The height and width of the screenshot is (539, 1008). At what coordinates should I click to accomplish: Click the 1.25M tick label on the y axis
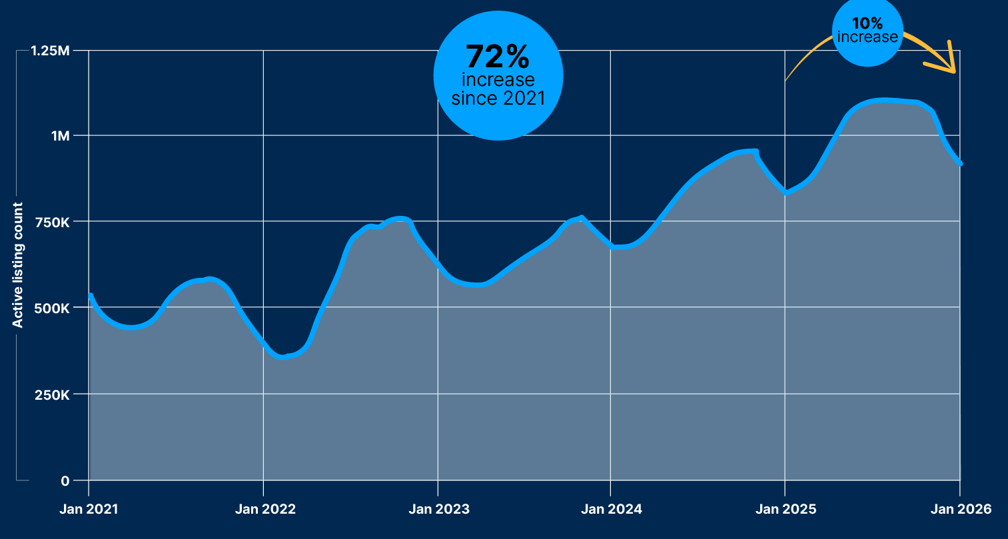pyautogui.click(x=50, y=51)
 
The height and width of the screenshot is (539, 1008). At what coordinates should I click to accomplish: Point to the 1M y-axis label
pyautogui.click(x=60, y=136)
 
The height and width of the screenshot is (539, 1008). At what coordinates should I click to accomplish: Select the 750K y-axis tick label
pyautogui.click(x=53, y=221)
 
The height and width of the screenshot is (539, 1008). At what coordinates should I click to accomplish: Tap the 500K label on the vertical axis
pyautogui.click(x=53, y=308)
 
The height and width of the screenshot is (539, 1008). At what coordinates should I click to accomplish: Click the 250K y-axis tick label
pyautogui.click(x=53, y=394)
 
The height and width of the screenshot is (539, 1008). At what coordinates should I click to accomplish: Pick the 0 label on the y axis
pyautogui.click(x=65, y=481)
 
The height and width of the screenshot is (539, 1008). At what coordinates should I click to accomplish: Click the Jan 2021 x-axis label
pyautogui.click(x=89, y=510)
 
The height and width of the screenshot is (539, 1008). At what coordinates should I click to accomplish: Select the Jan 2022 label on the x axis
pyautogui.click(x=265, y=510)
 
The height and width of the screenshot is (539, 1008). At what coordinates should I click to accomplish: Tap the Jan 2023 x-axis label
pyautogui.click(x=438, y=510)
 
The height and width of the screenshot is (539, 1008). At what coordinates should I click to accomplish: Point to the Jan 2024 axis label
pyautogui.click(x=611, y=510)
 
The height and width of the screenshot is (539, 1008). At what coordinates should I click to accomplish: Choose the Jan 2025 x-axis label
pyautogui.click(x=785, y=510)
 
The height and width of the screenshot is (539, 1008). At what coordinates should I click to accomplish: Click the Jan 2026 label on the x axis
pyautogui.click(x=961, y=510)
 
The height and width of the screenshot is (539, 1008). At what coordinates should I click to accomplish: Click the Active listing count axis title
pyautogui.click(x=18, y=265)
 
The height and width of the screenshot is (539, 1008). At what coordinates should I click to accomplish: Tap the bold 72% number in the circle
pyautogui.click(x=497, y=57)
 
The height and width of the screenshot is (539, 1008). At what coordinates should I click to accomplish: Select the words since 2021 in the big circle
pyautogui.click(x=498, y=99)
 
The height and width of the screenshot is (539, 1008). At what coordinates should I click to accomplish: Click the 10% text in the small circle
pyautogui.click(x=867, y=24)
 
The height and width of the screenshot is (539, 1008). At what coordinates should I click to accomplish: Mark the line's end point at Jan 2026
pyautogui.click(x=960, y=163)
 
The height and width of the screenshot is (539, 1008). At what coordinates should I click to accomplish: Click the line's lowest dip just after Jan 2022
pyautogui.click(x=282, y=357)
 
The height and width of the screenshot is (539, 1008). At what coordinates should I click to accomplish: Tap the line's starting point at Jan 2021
pyautogui.click(x=91, y=294)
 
